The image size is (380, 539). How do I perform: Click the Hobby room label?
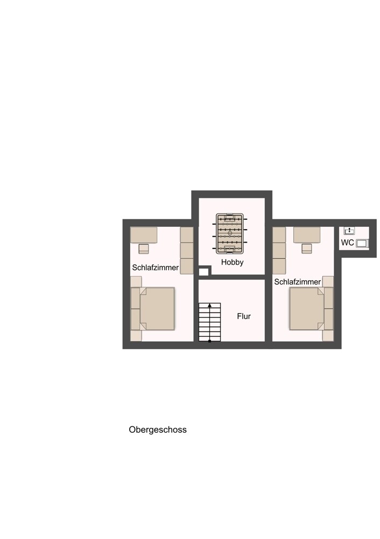232,262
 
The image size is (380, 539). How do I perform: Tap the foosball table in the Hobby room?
230,233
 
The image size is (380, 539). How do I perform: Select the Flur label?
244,316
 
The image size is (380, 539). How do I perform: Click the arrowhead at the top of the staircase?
209,306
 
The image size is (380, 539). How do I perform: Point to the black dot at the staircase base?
209,341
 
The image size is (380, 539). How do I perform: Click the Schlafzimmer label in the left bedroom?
156,267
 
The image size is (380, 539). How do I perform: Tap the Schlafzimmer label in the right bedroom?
297,282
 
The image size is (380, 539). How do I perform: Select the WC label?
347,243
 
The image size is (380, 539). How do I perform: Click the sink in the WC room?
349,231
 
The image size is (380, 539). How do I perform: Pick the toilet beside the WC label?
362,243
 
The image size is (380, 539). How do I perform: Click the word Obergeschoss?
158,430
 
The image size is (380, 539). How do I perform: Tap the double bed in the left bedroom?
157,308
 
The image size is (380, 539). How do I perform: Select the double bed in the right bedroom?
307,308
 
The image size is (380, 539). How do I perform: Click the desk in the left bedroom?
144,235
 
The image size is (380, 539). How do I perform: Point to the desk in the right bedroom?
307,235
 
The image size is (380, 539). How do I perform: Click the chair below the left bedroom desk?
144,248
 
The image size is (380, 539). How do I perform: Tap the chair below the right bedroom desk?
307,248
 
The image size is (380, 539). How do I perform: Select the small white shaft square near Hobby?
203,272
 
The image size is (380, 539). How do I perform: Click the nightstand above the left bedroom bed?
136,281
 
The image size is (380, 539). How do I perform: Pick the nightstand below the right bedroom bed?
328,336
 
